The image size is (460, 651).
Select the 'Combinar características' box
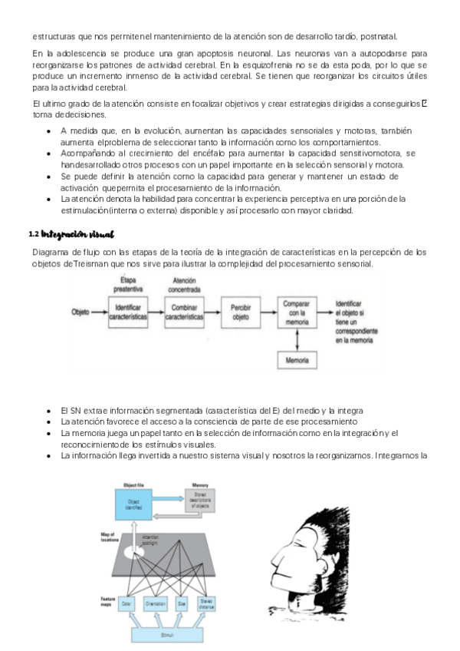tap(185, 313)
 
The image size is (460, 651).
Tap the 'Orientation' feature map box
tap(155, 603)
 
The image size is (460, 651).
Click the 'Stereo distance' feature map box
tap(205, 603)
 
